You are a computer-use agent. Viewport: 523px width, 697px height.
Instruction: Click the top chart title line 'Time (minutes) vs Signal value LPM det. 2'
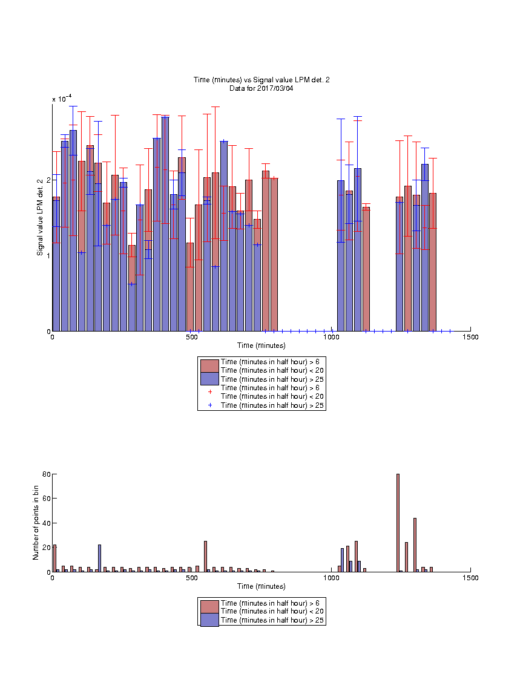coord(261,80)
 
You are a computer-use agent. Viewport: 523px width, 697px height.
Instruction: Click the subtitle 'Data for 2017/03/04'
coord(261,88)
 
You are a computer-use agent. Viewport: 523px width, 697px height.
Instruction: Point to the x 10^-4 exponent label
coord(62,98)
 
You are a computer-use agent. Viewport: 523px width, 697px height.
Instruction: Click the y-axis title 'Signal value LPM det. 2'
coord(40,217)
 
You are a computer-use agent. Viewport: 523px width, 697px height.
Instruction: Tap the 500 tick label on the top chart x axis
coord(192,337)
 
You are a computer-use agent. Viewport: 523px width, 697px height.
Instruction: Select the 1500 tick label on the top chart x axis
coord(470,337)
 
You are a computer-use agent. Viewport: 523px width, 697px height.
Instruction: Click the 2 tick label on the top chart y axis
coord(48,180)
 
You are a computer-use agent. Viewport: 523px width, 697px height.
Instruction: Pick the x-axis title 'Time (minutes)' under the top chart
coord(261,345)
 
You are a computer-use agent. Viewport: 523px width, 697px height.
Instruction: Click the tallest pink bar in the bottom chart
coord(398,523)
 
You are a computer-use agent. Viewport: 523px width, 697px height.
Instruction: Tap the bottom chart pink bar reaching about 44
coord(415,545)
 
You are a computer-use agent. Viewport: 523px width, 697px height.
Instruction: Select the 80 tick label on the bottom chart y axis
coord(47,474)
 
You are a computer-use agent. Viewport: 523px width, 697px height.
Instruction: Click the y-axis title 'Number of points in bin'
coord(36,523)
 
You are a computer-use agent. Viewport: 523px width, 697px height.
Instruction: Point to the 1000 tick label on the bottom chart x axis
coord(331,578)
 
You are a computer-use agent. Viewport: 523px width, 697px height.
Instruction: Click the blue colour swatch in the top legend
coord(209,379)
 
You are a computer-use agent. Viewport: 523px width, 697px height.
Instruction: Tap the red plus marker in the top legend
coord(210,391)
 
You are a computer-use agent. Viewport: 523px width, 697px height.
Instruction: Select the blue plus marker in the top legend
coord(210,405)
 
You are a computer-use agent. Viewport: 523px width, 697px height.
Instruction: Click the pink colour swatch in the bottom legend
coord(209,607)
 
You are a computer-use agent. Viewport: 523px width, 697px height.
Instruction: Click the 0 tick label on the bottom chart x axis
coord(53,578)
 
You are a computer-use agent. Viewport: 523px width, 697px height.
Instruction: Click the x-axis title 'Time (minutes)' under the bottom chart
coord(261,586)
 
